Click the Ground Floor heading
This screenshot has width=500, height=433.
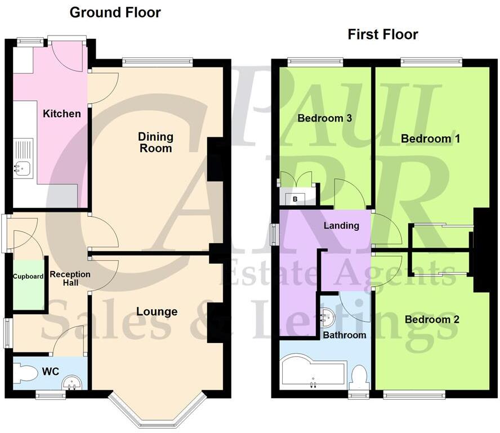(x=115, y=12)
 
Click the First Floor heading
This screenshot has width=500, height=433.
(x=383, y=34)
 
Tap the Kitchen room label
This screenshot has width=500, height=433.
(x=62, y=114)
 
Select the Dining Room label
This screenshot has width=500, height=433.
(x=156, y=142)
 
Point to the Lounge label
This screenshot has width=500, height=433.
(x=157, y=312)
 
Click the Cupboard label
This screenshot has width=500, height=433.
(x=29, y=276)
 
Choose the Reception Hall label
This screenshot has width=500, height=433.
(x=70, y=279)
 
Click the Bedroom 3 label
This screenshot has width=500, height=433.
(x=325, y=118)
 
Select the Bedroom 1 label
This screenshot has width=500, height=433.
(x=430, y=139)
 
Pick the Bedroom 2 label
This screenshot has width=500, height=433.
(x=432, y=320)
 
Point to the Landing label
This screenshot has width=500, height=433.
(x=341, y=226)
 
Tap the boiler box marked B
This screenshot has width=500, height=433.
(x=294, y=198)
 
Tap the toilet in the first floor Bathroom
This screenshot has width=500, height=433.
(x=359, y=376)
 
